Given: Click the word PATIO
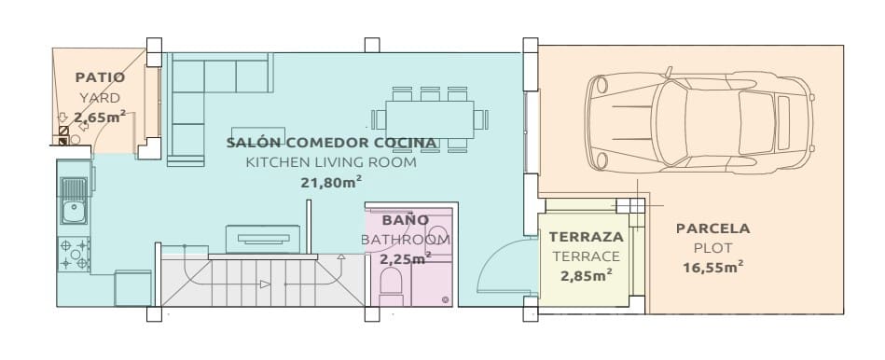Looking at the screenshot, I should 100,78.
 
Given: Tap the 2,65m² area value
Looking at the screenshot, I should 100,117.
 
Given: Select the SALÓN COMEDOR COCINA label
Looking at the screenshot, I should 331,143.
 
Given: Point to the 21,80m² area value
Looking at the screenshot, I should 331,183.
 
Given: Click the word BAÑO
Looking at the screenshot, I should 406,220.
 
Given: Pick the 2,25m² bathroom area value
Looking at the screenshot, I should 406,258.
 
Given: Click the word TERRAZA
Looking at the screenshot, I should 586,237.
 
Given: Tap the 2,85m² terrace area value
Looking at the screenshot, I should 586,275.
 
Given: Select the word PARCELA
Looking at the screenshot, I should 712,228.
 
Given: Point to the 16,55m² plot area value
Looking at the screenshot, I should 712,268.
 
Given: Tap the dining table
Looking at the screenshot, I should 430,118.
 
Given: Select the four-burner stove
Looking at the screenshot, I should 75,255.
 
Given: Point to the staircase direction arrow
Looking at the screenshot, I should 265,284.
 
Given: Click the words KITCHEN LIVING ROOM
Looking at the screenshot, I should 331,162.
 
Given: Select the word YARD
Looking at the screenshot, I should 100,97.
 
